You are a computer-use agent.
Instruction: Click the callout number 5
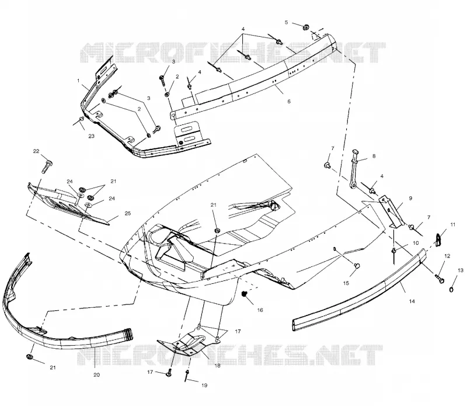pyautogui.click(x=286, y=22)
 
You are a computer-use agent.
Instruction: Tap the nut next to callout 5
pyautogui.click(x=305, y=27)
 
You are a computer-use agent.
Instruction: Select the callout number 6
pyautogui.click(x=288, y=101)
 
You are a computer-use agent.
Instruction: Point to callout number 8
pyautogui.click(x=374, y=156)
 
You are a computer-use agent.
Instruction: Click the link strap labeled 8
pyautogui.click(x=354, y=169)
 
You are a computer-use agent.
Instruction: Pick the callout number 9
pyautogui.click(x=410, y=198)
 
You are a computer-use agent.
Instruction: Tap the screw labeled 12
pyautogui.click(x=440, y=279)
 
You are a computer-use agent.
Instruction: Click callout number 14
pyautogui.click(x=412, y=301)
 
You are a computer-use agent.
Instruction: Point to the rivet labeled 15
pyautogui.click(x=357, y=265)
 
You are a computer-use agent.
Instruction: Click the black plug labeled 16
pyautogui.click(x=245, y=294)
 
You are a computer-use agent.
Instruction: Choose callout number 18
pyautogui.click(x=217, y=366)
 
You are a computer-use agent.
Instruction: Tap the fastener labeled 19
pyautogui.click(x=187, y=375)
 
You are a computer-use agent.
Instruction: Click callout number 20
pyautogui.click(x=96, y=375)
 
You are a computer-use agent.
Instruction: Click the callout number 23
pyautogui.click(x=91, y=136)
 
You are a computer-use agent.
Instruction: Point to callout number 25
pyautogui.click(x=127, y=213)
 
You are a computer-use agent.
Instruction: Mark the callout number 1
pyautogui.click(x=78, y=81)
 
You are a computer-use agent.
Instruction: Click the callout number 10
pyautogui.click(x=416, y=243)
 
